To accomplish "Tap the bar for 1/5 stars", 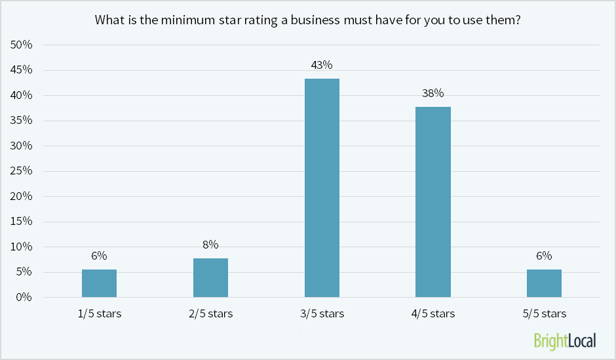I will click(100, 283).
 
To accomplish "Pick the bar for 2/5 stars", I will click(210, 278).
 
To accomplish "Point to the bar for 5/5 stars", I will click(544, 283).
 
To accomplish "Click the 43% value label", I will click(322, 65).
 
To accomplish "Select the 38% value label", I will click(433, 93).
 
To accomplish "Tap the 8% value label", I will click(210, 245).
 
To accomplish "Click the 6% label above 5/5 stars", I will click(545, 256).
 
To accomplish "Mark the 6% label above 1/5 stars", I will click(100, 256).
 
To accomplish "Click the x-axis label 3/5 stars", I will click(322, 313).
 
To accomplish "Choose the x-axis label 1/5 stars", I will click(100, 313).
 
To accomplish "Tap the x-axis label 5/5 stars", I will click(545, 313).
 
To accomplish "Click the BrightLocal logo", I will click(564, 340).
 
